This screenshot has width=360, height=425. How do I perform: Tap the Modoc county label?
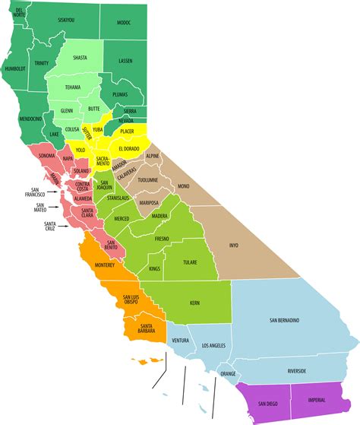[x=123, y=24]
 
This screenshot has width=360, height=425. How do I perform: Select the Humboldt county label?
[x=15, y=68]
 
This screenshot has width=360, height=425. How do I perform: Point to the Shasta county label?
[x=80, y=58]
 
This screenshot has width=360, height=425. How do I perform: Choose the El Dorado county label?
[x=129, y=148]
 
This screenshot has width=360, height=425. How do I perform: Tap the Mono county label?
[x=183, y=186]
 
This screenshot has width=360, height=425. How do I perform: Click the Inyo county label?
[x=235, y=245]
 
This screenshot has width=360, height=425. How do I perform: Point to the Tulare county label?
[x=190, y=262]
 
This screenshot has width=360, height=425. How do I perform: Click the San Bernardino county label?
[x=283, y=320]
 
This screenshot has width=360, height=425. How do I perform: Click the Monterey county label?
[x=104, y=265]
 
